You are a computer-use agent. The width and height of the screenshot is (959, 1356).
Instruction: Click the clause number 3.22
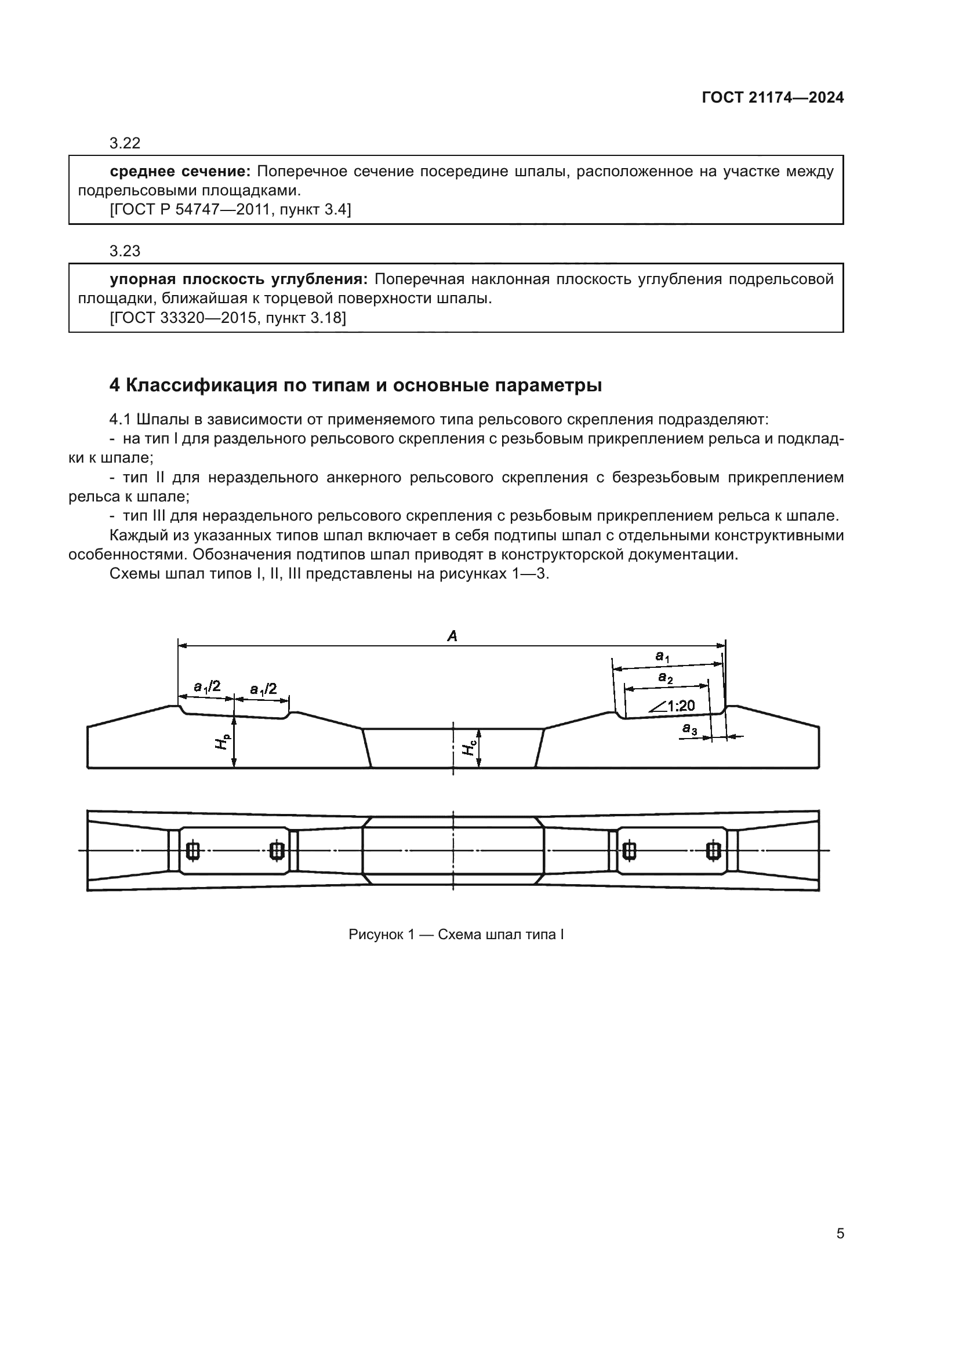pyautogui.click(x=125, y=143)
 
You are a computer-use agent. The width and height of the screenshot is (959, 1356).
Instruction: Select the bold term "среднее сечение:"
pyautogui.click(x=180, y=171)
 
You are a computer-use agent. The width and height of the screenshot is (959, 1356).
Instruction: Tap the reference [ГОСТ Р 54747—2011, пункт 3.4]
pyautogui.click(x=230, y=209)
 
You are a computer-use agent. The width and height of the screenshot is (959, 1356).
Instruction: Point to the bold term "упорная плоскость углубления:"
pyautogui.click(x=238, y=279)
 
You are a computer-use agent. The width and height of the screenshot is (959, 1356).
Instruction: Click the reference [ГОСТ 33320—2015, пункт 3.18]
pyautogui.click(x=228, y=318)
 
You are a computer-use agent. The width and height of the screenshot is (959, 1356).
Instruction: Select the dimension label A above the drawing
pyautogui.click(x=452, y=636)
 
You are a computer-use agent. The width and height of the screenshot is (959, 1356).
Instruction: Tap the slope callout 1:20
pyautogui.click(x=680, y=705)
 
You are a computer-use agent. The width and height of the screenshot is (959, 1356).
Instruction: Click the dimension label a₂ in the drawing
pyautogui.click(x=666, y=678)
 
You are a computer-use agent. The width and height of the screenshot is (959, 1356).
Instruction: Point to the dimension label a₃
pyautogui.click(x=689, y=729)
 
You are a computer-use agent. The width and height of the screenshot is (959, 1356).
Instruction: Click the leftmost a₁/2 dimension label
pyautogui.click(x=206, y=686)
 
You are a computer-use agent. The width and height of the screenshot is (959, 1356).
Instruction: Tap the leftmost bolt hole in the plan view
pyautogui.click(x=192, y=850)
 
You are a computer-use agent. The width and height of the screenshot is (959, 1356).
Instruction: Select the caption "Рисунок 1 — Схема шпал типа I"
pyautogui.click(x=456, y=935)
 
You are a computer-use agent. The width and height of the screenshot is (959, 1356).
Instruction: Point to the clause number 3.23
pyautogui.click(x=125, y=251)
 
